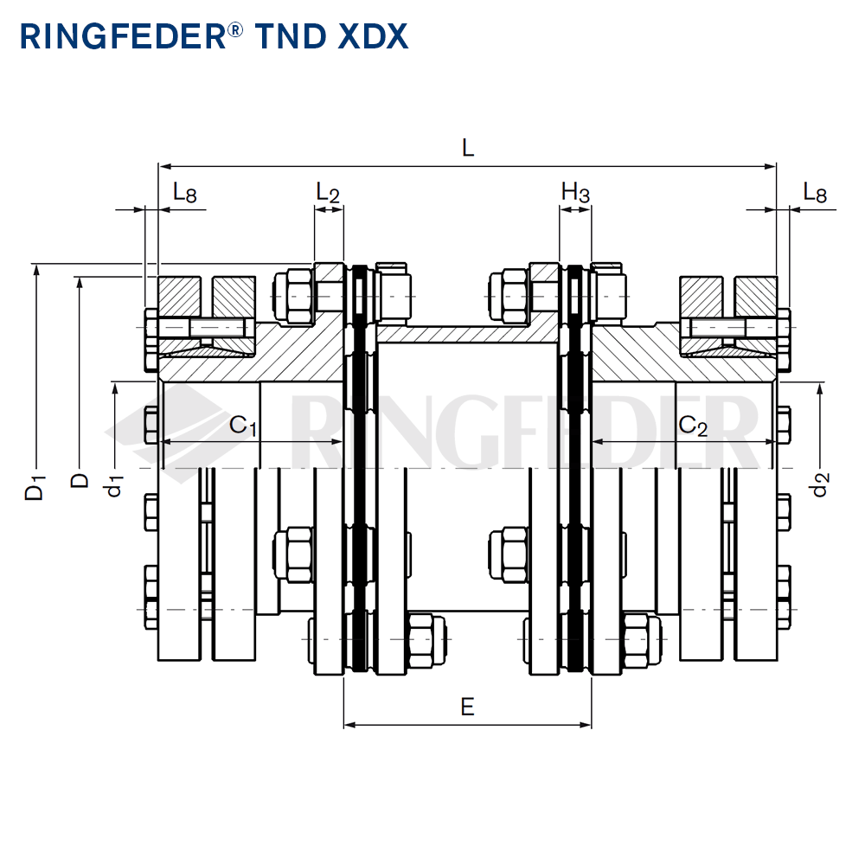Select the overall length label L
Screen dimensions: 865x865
click(468, 148)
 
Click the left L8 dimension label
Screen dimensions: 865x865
click(185, 193)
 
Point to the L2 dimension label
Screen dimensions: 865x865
click(328, 193)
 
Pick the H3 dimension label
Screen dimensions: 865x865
click(575, 193)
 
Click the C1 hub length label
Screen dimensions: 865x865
click(244, 426)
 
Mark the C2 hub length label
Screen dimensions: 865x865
click(693, 426)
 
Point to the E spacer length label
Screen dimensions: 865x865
click(468, 708)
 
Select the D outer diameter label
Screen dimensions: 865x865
click(80, 478)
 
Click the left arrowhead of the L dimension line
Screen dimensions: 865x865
click(163, 164)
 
